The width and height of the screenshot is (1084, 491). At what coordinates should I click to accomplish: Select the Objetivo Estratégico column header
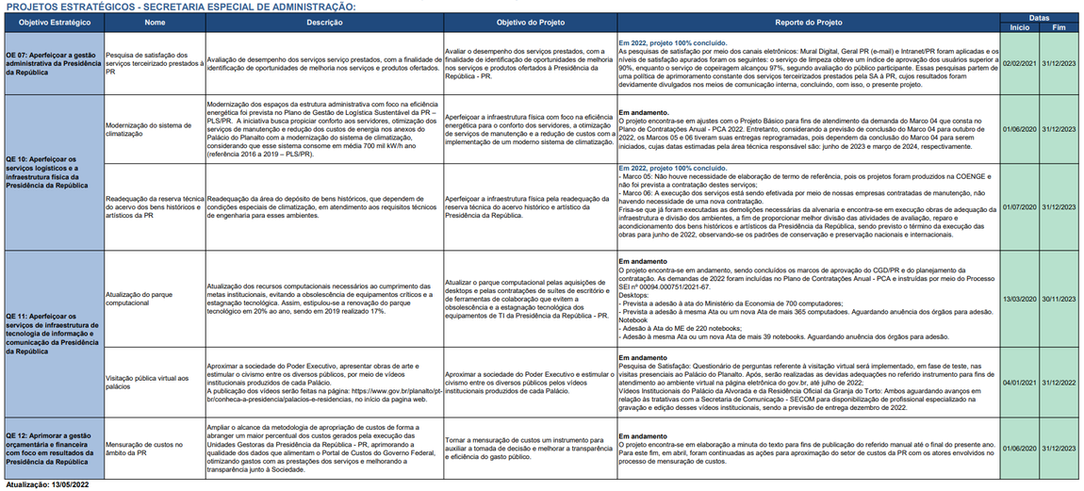[x=53, y=22]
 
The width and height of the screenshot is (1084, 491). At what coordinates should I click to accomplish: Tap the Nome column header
[x=155, y=22]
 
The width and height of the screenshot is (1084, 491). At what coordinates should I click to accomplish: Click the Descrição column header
[x=324, y=22]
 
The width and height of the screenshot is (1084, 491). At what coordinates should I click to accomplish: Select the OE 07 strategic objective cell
[x=53, y=63]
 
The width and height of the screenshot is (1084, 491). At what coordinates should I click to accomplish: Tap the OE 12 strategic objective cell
[x=53, y=449]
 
